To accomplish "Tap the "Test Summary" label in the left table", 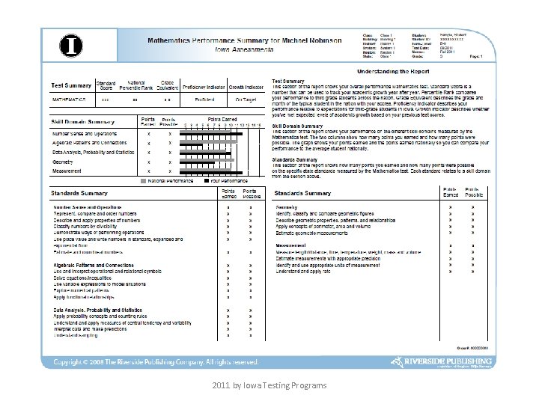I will click(x=71, y=85).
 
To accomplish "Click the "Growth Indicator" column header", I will click(x=246, y=87).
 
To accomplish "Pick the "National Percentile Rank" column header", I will click(x=135, y=85).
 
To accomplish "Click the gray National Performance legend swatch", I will click(x=144, y=181).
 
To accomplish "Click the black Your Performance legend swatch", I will click(x=207, y=181).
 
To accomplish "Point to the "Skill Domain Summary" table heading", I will click(x=82, y=121).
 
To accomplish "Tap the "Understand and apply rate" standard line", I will click(x=303, y=272).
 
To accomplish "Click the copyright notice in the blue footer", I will click(x=155, y=362).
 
